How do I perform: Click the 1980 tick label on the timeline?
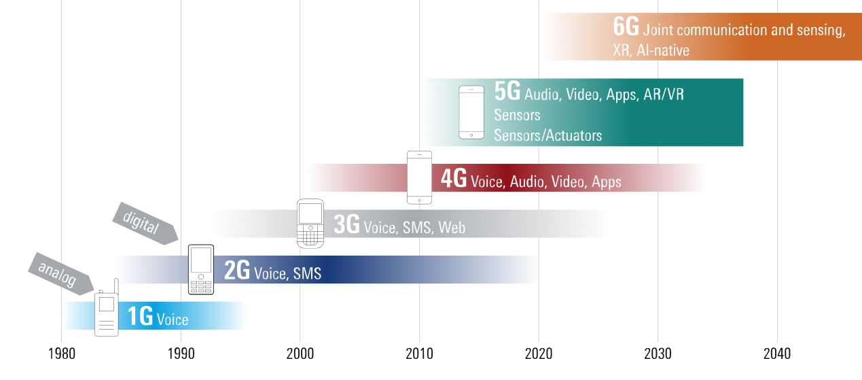point(61,354)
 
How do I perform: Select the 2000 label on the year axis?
point(300,354)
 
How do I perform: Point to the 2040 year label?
point(776,354)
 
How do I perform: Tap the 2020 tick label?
point(538,354)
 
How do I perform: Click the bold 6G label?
point(625,28)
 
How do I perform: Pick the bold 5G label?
point(507,92)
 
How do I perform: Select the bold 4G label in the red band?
point(453,179)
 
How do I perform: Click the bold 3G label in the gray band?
point(346,225)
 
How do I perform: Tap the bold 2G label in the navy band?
point(237,272)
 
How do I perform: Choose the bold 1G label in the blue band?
point(140,317)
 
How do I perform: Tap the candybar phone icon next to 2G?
point(200,269)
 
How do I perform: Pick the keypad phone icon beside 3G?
point(310,223)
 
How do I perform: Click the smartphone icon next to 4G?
point(419,177)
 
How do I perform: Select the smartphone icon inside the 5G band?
point(471,112)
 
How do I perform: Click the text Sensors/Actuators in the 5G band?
point(547,135)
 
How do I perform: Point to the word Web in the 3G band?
point(452,228)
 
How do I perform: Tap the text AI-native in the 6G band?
point(663,50)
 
